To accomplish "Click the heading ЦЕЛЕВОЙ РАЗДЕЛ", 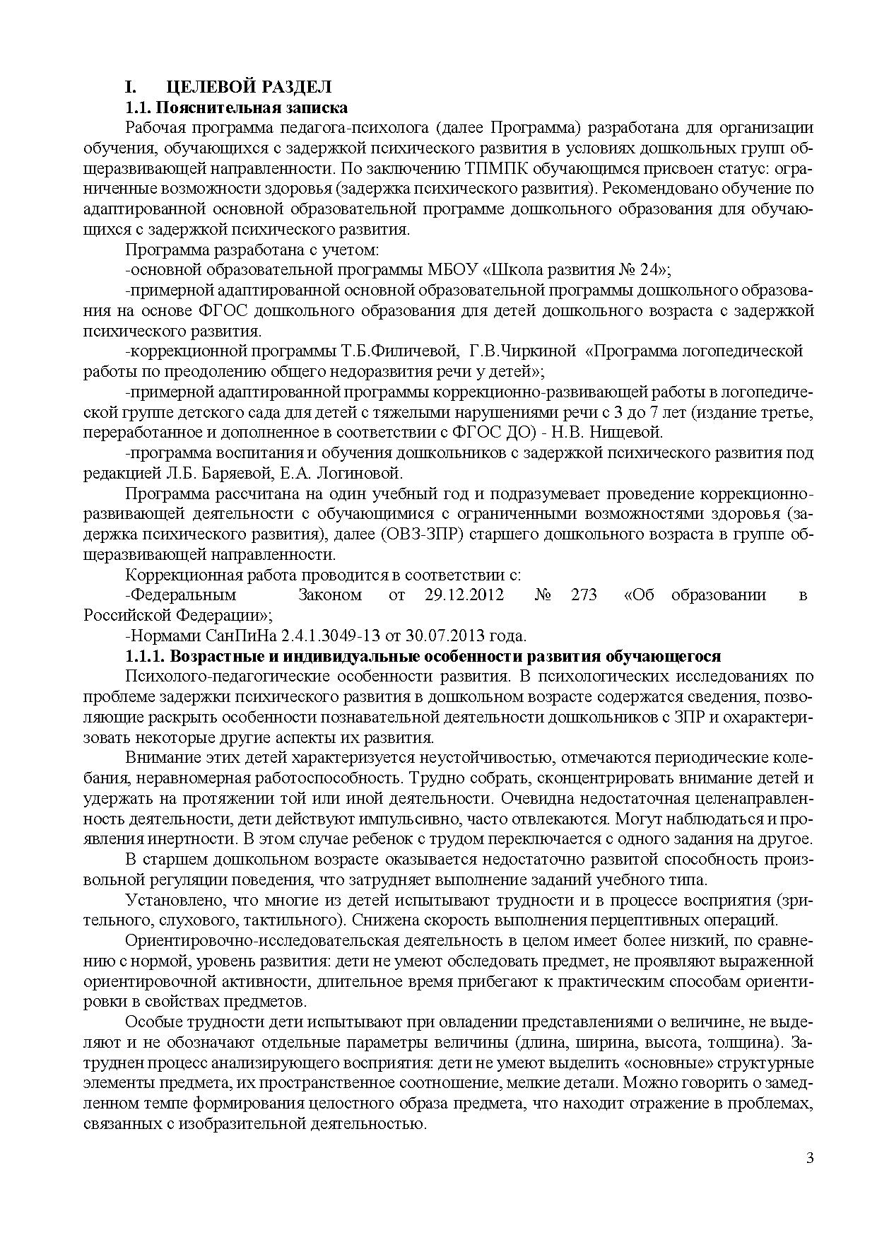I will coord(249,87).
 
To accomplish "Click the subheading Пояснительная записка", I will coord(251,107).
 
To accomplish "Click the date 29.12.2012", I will coord(464,595).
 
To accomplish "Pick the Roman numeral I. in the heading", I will coord(129,87).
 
